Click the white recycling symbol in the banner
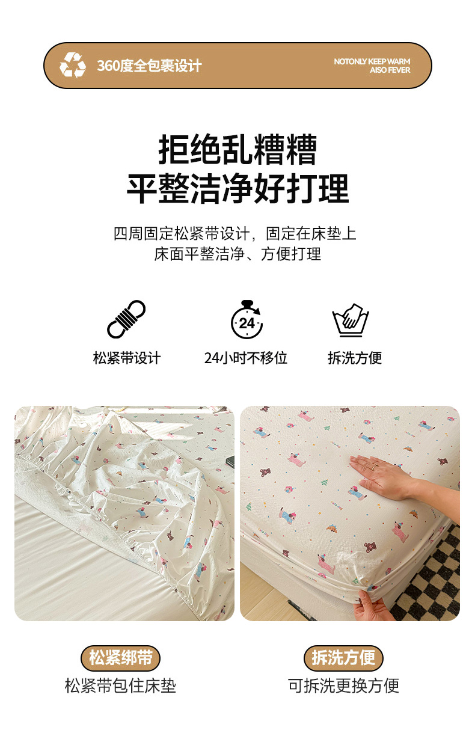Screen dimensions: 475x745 pyautogui.click(x=73, y=65)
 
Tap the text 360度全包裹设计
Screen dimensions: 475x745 pyautogui.click(x=149, y=66)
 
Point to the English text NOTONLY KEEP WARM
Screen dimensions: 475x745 pyautogui.click(x=372, y=61)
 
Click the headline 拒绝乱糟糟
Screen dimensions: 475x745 pyautogui.click(x=237, y=149)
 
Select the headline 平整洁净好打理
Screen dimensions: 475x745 pyautogui.click(x=237, y=188)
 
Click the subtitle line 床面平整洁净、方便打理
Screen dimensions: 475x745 pyautogui.click(x=237, y=254)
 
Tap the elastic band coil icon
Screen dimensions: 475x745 pyautogui.click(x=126, y=319)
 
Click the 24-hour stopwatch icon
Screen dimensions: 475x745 pyautogui.click(x=247, y=319)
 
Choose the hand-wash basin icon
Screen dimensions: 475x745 pyautogui.click(x=351, y=320)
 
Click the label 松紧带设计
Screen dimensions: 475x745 pyautogui.click(x=127, y=358)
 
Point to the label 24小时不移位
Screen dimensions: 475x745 pyautogui.click(x=246, y=358)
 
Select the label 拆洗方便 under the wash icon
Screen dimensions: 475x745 pyautogui.click(x=355, y=358)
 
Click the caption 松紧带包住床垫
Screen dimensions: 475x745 pyautogui.click(x=120, y=686)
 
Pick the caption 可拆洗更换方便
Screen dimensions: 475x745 pyautogui.click(x=343, y=686)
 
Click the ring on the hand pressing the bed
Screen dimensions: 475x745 pyautogui.click(x=375, y=467)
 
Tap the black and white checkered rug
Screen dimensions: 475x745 pyautogui.click(x=432, y=578)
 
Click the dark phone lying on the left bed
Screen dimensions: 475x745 pyautogui.click(x=230, y=461)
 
